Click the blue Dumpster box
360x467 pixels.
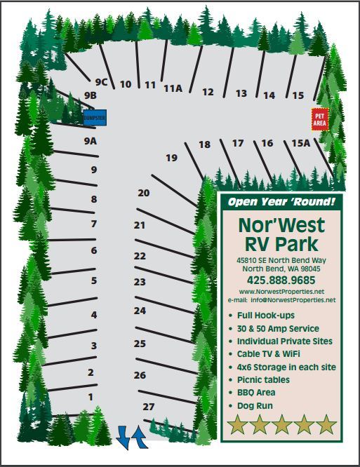[94, 118]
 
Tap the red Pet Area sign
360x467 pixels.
[319, 119]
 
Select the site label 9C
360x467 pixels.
[100, 82]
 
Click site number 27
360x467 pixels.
[148, 407]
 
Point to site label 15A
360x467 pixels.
[300, 143]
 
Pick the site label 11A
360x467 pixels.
[173, 88]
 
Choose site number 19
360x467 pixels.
[172, 158]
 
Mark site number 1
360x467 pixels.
[90, 397]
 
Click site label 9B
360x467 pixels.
[90, 95]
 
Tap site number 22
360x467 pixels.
[140, 256]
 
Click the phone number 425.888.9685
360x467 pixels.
[281, 279]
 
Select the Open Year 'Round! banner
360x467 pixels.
[281, 203]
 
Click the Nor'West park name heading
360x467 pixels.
[281, 225]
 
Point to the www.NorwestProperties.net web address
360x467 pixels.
[281, 291]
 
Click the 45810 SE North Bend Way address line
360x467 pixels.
[281, 260]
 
